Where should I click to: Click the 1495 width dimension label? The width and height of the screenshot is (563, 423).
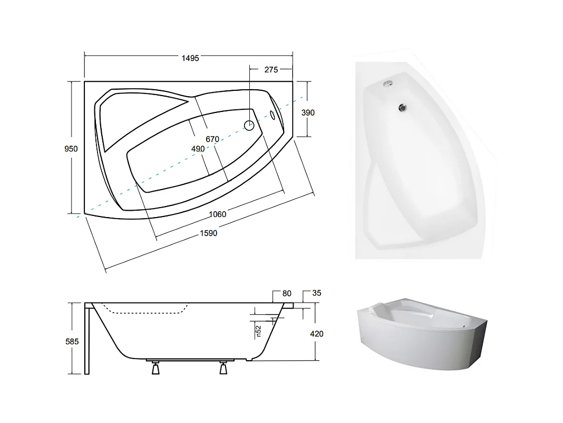(190, 58)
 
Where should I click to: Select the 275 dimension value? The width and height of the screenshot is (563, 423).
(271, 70)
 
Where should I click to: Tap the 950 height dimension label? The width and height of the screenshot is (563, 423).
(71, 148)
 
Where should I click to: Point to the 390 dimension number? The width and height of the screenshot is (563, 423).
(308, 112)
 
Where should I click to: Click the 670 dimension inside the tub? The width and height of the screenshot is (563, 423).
(212, 139)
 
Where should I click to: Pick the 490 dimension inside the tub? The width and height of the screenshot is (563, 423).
(198, 148)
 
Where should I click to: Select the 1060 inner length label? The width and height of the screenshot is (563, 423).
(218, 214)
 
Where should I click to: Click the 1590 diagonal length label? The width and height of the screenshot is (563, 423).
(209, 233)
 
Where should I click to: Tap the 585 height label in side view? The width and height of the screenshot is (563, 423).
(72, 341)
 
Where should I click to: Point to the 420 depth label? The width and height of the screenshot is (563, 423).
(317, 334)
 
